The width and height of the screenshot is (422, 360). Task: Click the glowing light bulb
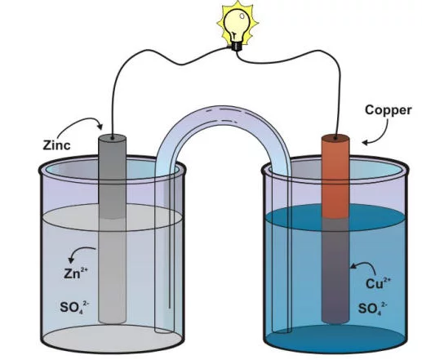(x=238, y=26)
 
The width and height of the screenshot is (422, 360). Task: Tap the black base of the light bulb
(x=236, y=46)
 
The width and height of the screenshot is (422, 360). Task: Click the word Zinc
(x=56, y=145)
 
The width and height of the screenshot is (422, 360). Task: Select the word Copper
(x=389, y=110)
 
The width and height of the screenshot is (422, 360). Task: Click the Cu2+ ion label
(x=378, y=283)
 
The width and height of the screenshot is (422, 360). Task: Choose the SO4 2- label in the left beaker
(x=74, y=308)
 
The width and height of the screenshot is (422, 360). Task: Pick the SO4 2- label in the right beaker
(x=372, y=309)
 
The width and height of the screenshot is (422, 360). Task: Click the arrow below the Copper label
(x=382, y=136)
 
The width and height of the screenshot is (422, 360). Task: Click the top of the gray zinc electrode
(x=112, y=138)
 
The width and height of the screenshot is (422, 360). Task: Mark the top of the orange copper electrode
(x=335, y=138)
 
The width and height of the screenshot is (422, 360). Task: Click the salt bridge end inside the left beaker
(x=164, y=330)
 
